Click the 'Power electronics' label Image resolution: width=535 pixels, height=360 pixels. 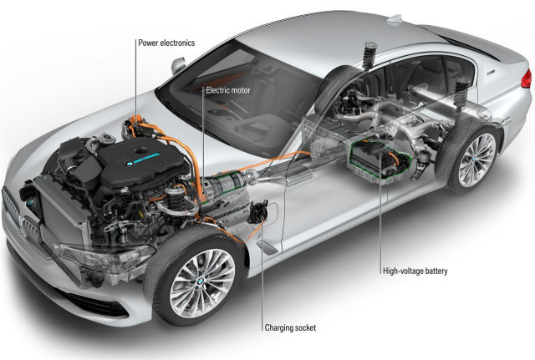click(x=166, y=43)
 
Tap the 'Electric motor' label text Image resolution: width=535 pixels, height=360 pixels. click(x=228, y=90)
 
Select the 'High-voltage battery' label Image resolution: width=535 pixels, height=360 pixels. click(x=415, y=271)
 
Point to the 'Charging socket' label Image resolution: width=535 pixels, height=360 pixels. click(x=290, y=327)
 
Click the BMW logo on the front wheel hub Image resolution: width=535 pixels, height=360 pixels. click(x=200, y=281)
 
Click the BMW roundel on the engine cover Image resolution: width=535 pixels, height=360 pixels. click(x=130, y=164)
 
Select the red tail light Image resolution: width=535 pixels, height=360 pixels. click(x=527, y=79)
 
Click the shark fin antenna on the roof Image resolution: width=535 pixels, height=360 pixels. click(x=395, y=18)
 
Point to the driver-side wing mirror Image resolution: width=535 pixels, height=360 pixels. click(x=178, y=65)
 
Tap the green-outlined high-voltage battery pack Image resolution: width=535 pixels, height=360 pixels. click(x=380, y=160)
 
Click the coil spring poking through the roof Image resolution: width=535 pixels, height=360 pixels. click(x=369, y=54)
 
